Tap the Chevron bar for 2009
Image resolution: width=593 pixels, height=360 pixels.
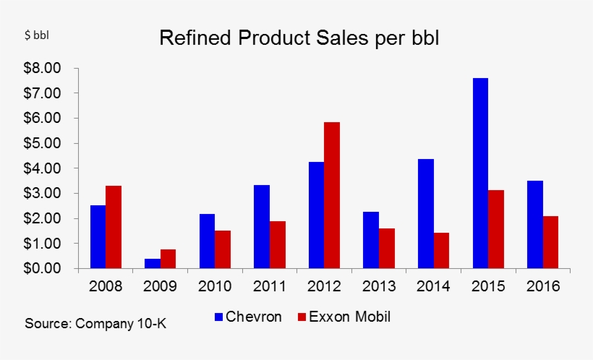tap(153, 264)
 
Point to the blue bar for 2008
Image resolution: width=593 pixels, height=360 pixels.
tap(98, 237)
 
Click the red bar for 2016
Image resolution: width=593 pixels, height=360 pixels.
tap(552, 242)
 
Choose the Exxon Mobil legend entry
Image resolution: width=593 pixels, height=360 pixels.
tap(343, 317)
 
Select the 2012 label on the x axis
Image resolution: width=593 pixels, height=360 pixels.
tap(325, 287)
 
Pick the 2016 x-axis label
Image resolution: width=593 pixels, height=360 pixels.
tap(543, 287)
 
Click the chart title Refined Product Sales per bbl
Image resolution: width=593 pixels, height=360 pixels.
tap(299, 38)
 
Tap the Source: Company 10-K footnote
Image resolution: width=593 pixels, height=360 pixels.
tap(95, 323)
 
